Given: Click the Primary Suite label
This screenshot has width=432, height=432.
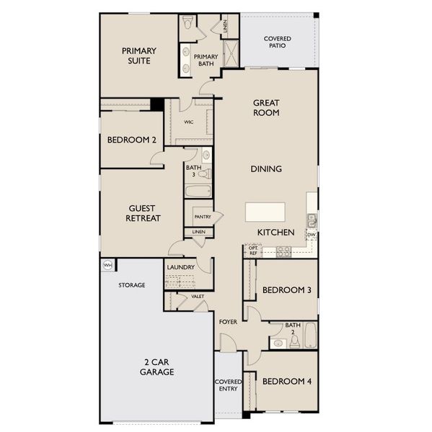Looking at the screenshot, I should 139,56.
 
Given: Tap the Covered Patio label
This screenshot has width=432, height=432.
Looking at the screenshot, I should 277,42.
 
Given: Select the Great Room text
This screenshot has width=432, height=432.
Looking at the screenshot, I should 266,108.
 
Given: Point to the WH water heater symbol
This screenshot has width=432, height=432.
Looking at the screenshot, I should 107,265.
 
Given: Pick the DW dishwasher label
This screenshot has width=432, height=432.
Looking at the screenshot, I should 312,235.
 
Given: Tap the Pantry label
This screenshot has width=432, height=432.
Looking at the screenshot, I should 202,216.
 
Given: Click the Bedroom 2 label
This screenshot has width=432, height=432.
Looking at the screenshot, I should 132,140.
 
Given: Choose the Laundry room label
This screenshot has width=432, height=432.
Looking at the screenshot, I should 181,267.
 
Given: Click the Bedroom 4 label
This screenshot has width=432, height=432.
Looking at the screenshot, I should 286,381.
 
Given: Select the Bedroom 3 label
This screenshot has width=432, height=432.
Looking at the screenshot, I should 286,290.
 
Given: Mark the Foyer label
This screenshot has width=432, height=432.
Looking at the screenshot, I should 228,321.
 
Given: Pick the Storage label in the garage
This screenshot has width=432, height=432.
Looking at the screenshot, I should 132,285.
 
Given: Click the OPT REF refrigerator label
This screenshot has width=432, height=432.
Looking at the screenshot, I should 253,251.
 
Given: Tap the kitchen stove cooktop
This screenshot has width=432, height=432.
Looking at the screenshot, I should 283,251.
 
